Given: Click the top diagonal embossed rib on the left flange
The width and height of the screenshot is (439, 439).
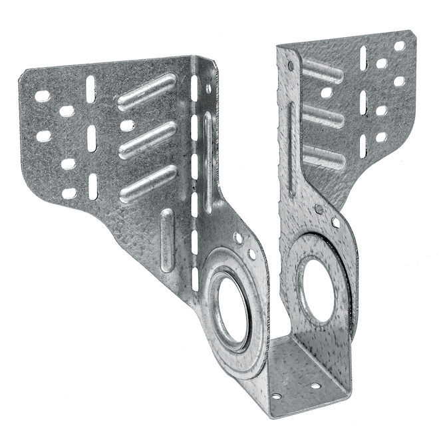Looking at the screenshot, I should pyautogui.click(x=147, y=92).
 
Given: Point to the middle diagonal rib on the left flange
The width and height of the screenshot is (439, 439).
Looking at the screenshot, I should pyautogui.click(x=147, y=138).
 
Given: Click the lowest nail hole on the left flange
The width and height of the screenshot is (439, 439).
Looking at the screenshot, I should pyautogui.click(x=69, y=194).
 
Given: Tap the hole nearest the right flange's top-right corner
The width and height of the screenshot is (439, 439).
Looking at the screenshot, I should pyautogui.click(x=399, y=47).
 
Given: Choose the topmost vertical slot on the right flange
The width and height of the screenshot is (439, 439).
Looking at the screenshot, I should pyautogui.click(x=363, y=58).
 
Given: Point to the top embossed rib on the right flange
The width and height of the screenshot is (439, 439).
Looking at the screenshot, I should pyautogui.click(x=322, y=71).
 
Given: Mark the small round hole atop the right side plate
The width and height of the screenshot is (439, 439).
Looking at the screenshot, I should pyautogui.click(x=291, y=66).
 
